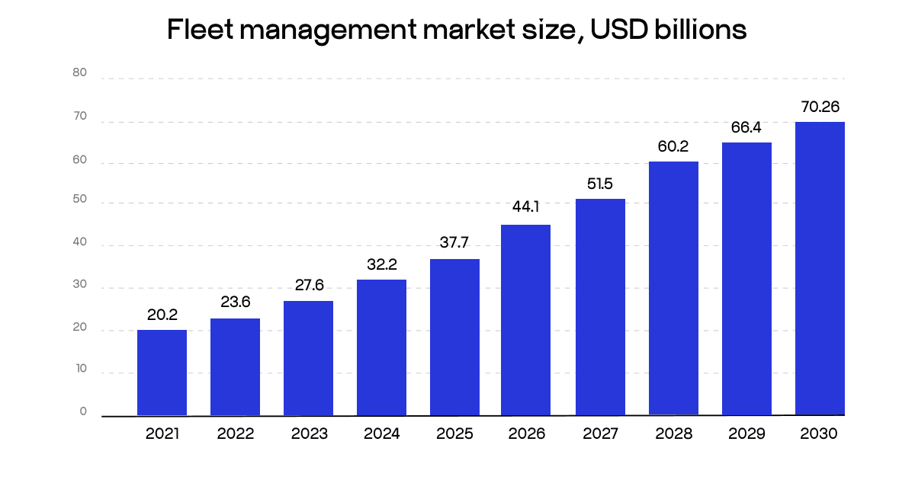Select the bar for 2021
(162, 373)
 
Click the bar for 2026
(525, 320)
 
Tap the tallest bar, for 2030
(820, 268)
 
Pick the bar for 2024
(381, 347)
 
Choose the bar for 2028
(673, 288)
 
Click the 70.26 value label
(820, 107)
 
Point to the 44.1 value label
(525, 207)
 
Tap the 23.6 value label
(235, 302)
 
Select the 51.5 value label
(600, 183)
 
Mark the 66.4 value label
(746, 127)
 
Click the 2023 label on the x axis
(309, 434)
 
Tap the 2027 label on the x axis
(601, 434)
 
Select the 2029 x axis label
(746, 434)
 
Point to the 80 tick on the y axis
(80, 73)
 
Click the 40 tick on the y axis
(80, 243)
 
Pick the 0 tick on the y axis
(83, 411)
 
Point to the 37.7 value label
(454, 243)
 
